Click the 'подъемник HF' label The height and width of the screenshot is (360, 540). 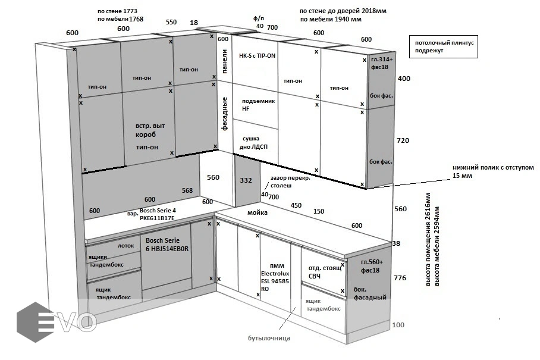point(258,105)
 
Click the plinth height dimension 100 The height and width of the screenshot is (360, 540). point(398,325)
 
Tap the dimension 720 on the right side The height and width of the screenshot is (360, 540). point(404,140)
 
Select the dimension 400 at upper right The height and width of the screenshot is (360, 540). point(404,79)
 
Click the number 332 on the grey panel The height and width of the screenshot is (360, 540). point(246,180)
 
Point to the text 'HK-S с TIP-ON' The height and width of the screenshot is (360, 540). point(257,55)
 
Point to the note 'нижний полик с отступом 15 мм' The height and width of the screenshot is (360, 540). point(493,171)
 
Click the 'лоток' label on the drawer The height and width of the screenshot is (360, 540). point(125,245)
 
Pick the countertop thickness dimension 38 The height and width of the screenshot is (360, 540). point(397,243)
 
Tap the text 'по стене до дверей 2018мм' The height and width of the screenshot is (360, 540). point(343,11)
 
